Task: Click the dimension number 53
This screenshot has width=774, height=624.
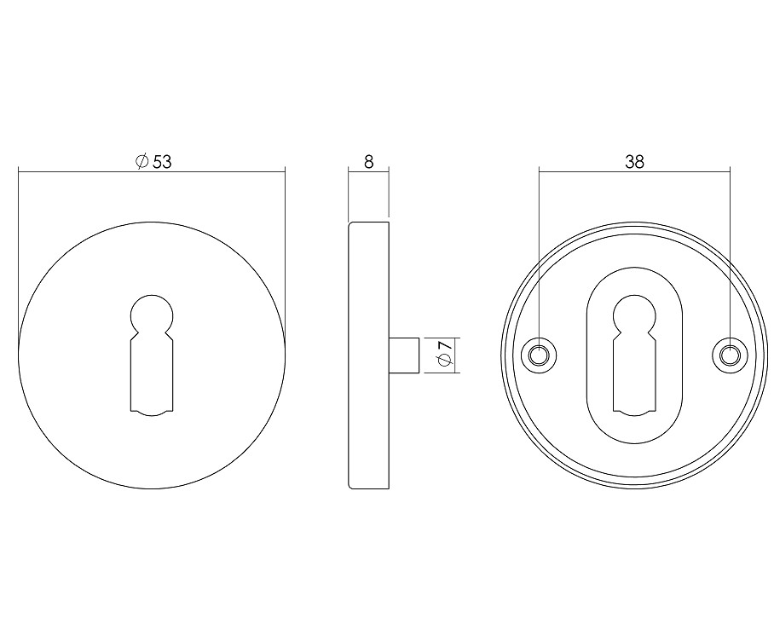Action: pyautogui.click(x=162, y=161)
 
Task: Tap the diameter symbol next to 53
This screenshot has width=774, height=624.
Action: pyautogui.click(x=142, y=161)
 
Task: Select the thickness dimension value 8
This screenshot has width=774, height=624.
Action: pyautogui.click(x=369, y=161)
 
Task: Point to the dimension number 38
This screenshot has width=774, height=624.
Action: pyautogui.click(x=634, y=161)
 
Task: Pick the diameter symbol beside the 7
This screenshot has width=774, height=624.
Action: pyautogui.click(x=445, y=361)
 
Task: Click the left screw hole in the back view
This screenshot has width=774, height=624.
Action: pyautogui.click(x=539, y=355)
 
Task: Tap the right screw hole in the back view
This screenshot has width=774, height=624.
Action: pyautogui.click(x=730, y=355)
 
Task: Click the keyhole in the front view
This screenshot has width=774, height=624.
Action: pyautogui.click(x=152, y=355)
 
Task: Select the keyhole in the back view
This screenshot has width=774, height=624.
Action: pyautogui.click(x=634, y=355)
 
